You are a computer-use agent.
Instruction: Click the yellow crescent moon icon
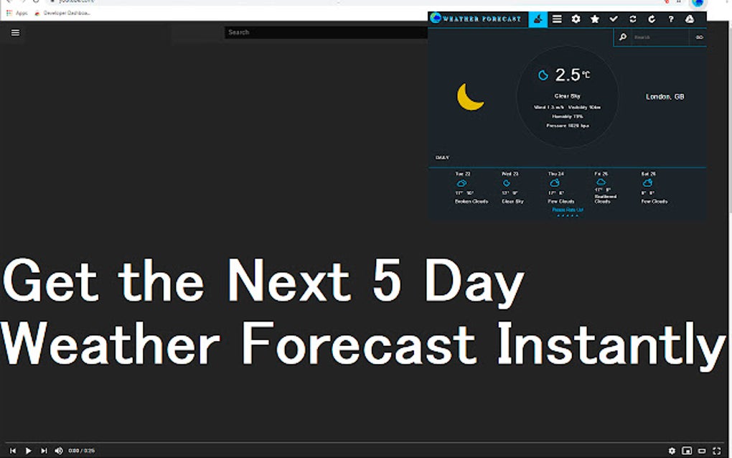pyautogui.click(x=470, y=97)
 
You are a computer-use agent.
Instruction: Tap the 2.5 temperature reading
pyautogui.click(x=568, y=75)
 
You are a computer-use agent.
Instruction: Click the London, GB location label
pyautogui.click(x=665, y=96)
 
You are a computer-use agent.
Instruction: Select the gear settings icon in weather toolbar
pyautogui.click(x=576, y=19)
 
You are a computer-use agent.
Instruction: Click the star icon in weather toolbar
pyautogui.click(x=595, y=19)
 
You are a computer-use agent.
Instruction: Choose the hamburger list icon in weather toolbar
pyautogui.click(x=557, y=19)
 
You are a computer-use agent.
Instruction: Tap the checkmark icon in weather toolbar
pyautogui.click(x=614, y=19)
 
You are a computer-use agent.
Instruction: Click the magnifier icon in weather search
pyautogui.click(x=623, y=37)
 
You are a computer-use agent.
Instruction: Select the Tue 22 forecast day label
pyautogui.click(x=463, y=174)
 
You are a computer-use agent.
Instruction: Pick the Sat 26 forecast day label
pyautogui.click(x=649, y=174)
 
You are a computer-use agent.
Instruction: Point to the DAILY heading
pyautogui.click(x=442, y=157)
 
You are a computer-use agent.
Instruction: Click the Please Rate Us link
pyautogui.click(x=568, y=210)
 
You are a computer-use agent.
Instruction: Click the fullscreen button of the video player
pyautogui.click(x=716, y=451)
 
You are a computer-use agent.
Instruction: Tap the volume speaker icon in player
pyautogui.click(x=59, y=451)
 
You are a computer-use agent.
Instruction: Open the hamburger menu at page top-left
pyautogui.click(x=16, y=32)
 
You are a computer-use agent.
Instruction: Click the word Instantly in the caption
pyautogui.click(x=610, y=345)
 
